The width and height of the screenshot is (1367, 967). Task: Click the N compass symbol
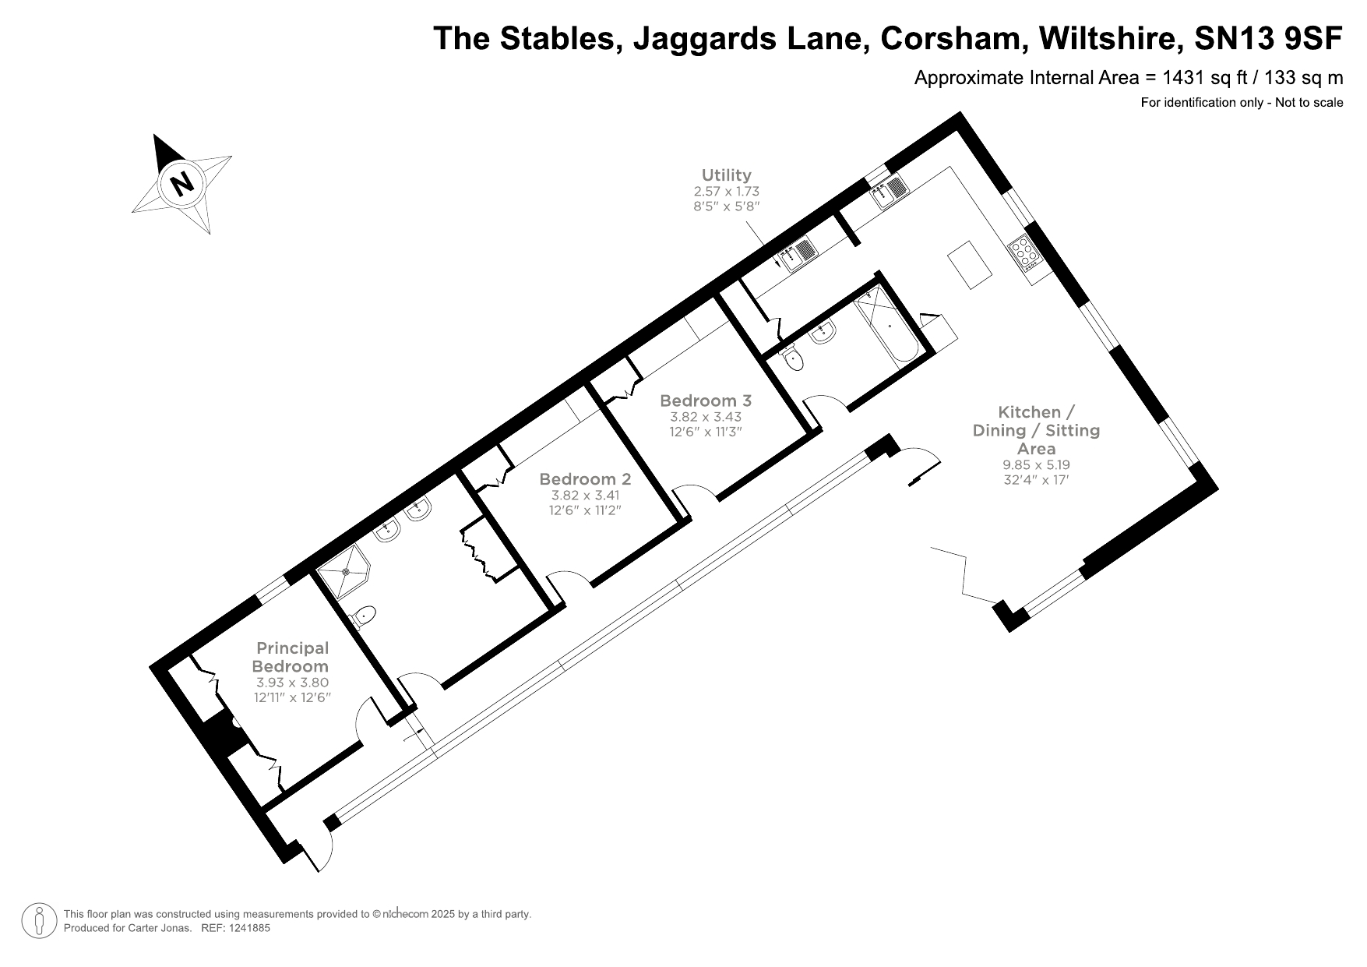tap(182, 185)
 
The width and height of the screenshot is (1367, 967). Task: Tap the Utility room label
tap(726, 175)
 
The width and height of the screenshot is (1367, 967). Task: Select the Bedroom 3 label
tap(705, 401)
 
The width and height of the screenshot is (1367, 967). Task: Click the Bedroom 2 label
tap(584, 479)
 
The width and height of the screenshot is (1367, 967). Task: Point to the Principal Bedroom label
tap(292, 657)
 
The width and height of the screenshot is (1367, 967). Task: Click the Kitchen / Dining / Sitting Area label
tap(1036, 430)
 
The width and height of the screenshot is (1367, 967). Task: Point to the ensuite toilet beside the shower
tap(363, 616)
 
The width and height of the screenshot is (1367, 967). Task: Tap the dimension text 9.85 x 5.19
tap(1036, 464)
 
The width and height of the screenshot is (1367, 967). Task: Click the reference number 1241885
tap(247, 928)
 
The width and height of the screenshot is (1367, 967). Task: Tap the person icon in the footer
tap(39, 921)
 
